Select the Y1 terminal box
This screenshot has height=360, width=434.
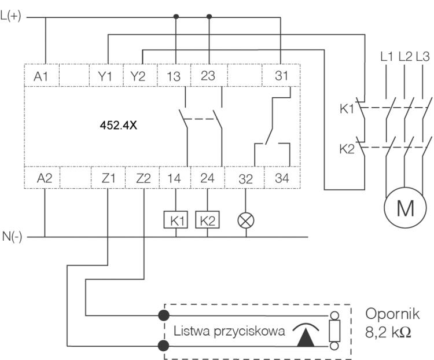point(108,76)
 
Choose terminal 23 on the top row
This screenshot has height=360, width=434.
point(209,76)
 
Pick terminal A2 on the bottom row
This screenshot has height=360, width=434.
point(44,178)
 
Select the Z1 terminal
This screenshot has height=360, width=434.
point(108,178)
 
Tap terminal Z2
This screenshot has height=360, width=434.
point(142,178)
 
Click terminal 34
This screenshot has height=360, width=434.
point(281,178)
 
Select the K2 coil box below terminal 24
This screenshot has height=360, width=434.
point(209,220)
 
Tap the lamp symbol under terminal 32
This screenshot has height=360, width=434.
point(246,220)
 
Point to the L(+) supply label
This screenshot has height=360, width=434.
point(12,17)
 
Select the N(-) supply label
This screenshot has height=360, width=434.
point(12,237)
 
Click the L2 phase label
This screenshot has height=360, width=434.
point(406,57)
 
